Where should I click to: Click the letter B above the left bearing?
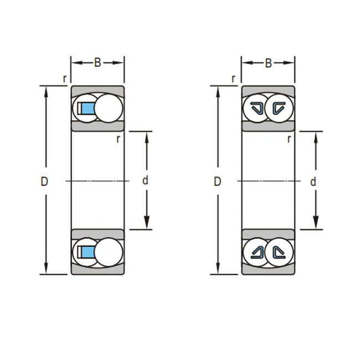[97, 63]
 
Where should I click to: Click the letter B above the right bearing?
[269, 63]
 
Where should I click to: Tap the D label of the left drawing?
[44, 181]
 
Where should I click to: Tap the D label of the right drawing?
[217, 181]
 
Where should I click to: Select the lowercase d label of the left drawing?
[145, 181]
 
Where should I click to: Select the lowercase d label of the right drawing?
[313, 182]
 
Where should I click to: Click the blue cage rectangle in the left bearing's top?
[89, 108]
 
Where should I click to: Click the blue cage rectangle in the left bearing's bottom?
[89, 252]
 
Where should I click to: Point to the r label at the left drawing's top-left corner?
[65, 79]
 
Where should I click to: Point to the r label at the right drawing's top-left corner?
[234, 79]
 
